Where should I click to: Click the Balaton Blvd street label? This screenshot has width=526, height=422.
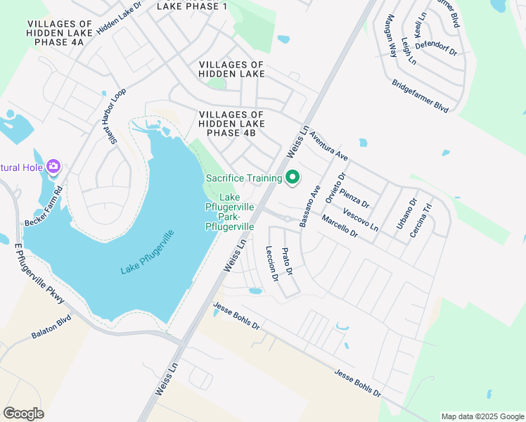coord(51,331)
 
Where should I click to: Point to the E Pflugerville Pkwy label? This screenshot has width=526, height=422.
coord(40,274)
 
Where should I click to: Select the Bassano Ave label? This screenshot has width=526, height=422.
coord(309,205)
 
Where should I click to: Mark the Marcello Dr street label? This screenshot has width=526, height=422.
coord(340,226)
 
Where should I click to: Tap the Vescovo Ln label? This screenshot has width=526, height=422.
coord(361,219)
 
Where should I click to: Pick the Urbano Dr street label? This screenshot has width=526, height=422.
coord(406,213)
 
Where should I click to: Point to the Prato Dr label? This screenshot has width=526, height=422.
coord(287,261)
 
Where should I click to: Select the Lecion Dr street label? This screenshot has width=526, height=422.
coord(272,264)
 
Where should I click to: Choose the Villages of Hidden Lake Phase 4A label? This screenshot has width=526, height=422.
coord(56,33)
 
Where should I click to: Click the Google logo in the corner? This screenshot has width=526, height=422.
coord(23,414)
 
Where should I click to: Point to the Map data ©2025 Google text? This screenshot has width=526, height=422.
coord(482,416)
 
